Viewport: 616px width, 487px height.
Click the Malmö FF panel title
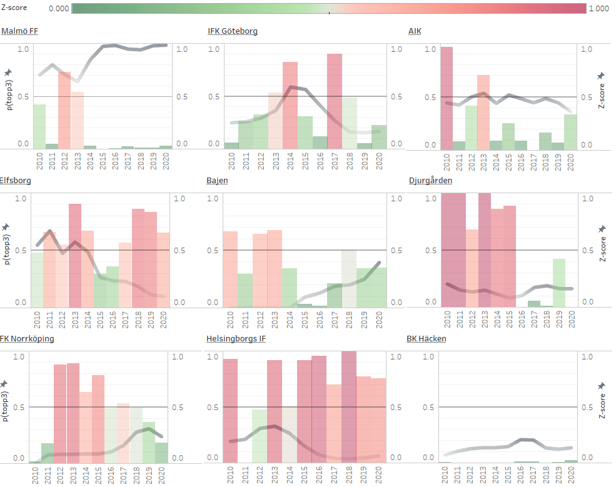[19, 31]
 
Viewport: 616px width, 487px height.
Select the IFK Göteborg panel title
[233, 31]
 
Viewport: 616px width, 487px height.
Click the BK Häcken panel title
[426, 339]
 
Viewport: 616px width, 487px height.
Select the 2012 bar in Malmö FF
[64, 110]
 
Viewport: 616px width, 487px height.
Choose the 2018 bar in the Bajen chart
[349, 278]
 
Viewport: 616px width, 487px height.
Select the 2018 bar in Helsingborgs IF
[349, 407]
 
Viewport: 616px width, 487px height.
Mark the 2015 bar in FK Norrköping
[98, 419]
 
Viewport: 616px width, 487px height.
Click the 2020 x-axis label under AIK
[570, 163]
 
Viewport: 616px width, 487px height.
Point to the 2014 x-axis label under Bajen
[291, 319]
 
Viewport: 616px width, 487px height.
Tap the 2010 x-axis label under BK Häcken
[446, 476]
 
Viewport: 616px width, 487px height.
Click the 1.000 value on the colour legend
[599, 9]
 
